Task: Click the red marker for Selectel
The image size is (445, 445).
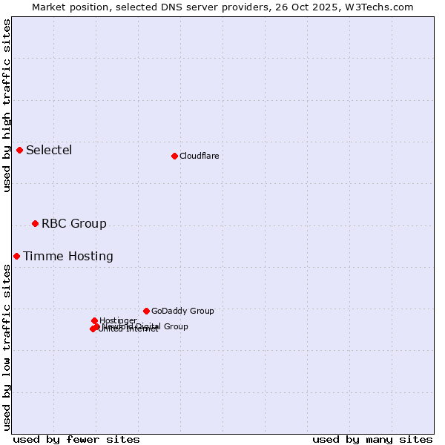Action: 20,151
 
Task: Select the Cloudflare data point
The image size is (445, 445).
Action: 174,156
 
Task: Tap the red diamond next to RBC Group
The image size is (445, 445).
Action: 35,224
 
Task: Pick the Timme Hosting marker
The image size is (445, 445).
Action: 16,257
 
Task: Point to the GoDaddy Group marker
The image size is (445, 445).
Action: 146,311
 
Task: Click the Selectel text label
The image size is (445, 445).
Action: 49,151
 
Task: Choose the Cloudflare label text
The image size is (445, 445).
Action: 199,156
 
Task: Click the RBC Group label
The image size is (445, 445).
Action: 73,224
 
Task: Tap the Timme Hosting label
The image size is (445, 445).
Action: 68,257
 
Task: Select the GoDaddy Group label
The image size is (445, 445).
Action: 182,311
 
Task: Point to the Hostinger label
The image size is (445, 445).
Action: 118,320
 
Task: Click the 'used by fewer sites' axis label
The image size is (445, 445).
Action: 76,440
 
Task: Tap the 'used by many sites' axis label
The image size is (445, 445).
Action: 372,440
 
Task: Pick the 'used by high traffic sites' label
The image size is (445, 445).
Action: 7,105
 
